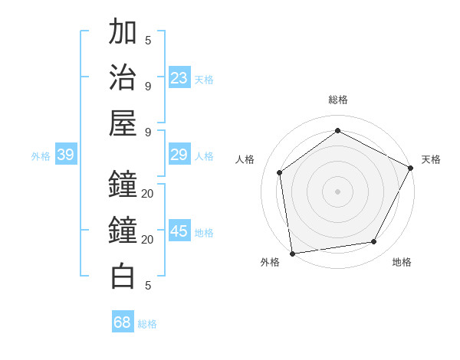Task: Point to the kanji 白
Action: tap(123, 276)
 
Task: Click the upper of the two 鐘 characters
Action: tap(123, 184)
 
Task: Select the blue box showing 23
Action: tap(179, 78)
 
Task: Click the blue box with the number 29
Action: tap(179, 155)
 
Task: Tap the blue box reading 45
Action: tap(179, 232)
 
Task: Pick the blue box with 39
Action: tap(65, 155)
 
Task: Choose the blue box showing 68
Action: tap(123, 322)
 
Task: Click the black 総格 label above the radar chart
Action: tap(338, 100)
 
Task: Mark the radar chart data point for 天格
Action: tap(412, 168)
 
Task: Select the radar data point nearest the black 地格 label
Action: tap(374, 242)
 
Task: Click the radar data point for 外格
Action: tap(292, 253)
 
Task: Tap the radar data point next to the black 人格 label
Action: tap(280, 172)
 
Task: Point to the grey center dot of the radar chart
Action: tap(338, 191)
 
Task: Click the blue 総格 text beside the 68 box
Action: tap(147, 324)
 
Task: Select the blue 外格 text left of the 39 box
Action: tap(41, 156)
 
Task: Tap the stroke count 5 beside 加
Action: tap(148, 41)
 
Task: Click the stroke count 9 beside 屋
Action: tap(148, 133)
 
